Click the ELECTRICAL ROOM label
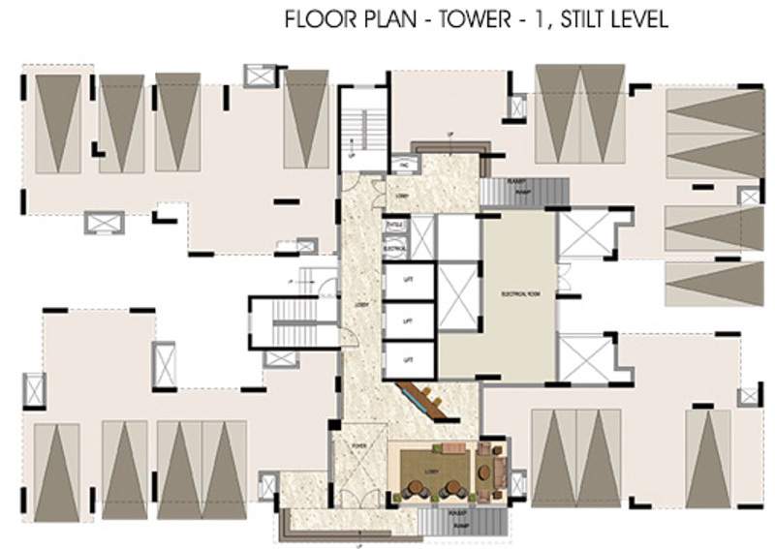519,290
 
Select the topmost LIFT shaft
408,281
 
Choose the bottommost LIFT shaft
408,359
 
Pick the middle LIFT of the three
408,320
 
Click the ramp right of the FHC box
523,192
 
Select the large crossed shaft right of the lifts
458,295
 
